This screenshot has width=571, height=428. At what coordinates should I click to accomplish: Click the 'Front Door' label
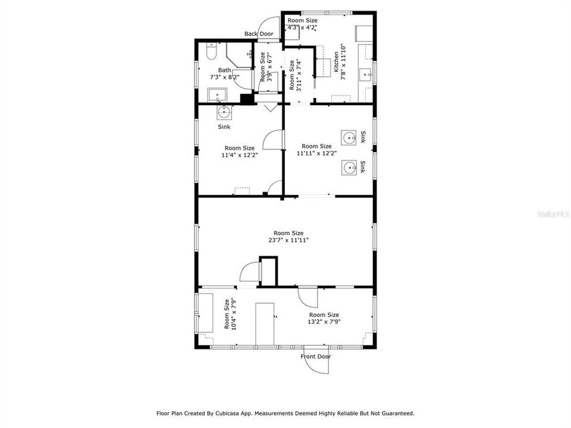pos(315,357)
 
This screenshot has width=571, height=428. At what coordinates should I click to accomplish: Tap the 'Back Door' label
pos(259,34)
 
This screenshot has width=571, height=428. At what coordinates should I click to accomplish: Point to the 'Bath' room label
pos(224,70)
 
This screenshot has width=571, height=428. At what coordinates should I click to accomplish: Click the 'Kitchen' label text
pos(337,62)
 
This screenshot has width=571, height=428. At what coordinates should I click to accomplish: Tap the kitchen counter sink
pos(366,75)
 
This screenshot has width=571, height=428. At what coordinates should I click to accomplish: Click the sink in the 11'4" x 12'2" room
pos(224,112)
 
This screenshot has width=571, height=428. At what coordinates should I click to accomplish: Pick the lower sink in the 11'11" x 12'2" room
pos(349,168)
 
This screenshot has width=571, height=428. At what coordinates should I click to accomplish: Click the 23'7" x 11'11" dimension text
pos(288,240)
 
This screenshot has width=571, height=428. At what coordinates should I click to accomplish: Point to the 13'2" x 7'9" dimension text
pos(324,322)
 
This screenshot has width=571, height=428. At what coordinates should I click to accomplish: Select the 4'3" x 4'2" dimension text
pos(302,27)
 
